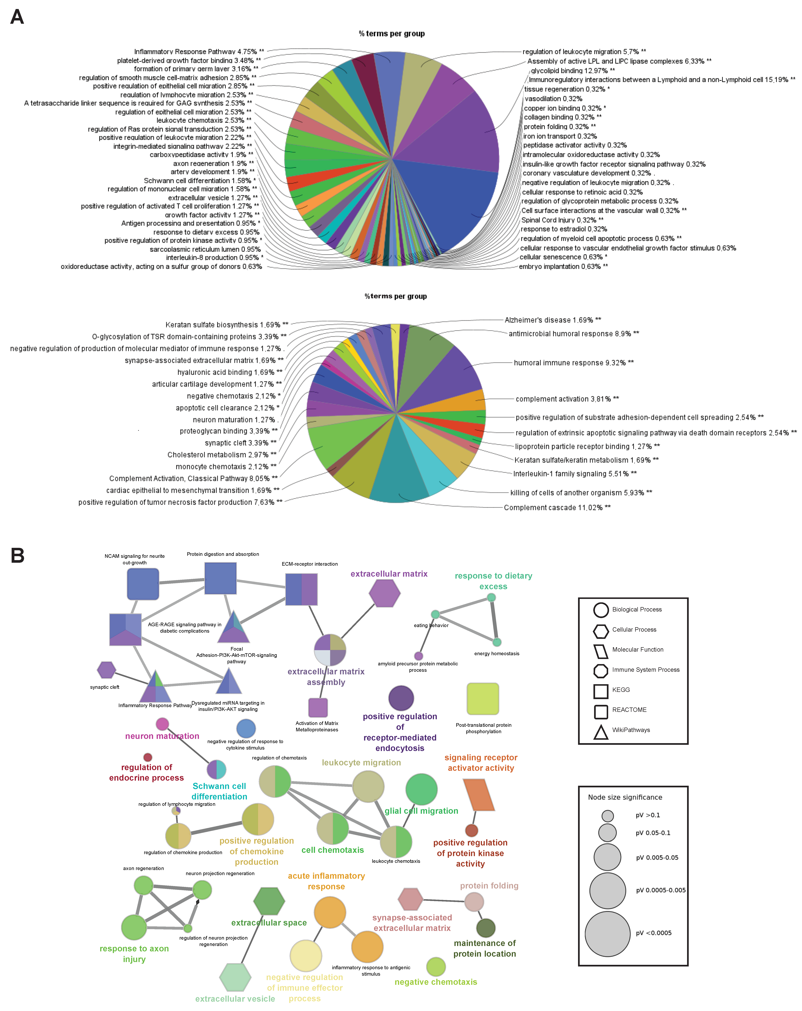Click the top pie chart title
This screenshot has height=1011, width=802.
(392, 34)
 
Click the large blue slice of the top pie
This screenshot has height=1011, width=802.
(446, 206)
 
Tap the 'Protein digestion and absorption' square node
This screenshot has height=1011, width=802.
(221, 578)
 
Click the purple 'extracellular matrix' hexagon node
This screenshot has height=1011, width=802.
(385, 593)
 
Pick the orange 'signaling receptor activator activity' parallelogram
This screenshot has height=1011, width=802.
(478, 795)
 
